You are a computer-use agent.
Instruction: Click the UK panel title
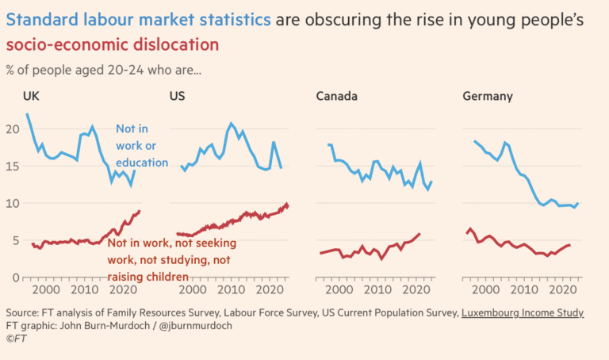tap(30, 97)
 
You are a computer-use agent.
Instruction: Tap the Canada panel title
tap(336, 97)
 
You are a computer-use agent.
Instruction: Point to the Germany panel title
tap(487, 97)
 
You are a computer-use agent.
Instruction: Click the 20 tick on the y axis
tap(12, 129)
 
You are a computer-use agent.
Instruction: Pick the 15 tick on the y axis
tap(12, 167)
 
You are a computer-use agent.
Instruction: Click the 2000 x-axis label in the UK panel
tap(44, 291)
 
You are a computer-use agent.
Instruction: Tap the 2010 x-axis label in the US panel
tap(230, 291)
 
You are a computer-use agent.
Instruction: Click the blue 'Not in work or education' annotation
tap(142, 145)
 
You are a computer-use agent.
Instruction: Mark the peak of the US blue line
tap(231, 124)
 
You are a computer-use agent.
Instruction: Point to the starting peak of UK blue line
tap(28, 114)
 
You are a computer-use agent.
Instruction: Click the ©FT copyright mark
tap(16, 339)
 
